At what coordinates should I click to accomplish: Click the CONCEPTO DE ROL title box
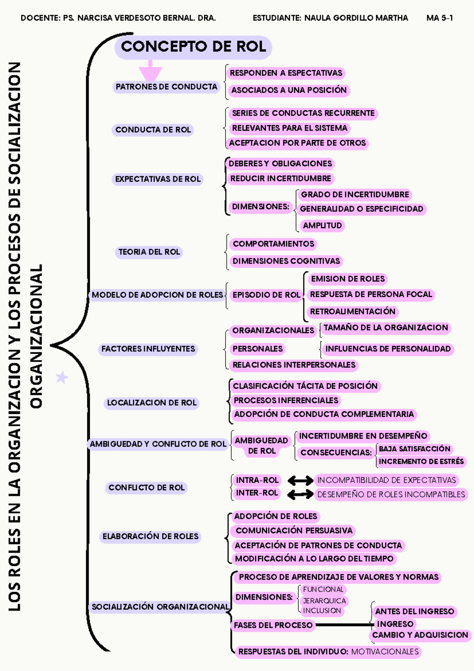tap(193, 47)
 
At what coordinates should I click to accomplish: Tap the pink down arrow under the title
tap(150, 71)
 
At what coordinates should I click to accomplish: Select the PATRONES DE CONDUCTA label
tap(166, 87)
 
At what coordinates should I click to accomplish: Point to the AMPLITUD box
tap(322, 225)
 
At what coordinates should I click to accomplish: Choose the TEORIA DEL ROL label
tap(149, 252)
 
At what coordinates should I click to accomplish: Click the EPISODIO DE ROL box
tap(266, 295)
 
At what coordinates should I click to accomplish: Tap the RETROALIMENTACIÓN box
tap(352, 311)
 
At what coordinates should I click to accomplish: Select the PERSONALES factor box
tap(258, 349)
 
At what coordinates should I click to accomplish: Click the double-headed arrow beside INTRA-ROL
tap(300, 481)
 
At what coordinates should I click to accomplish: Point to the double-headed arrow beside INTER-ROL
tap(300, 494)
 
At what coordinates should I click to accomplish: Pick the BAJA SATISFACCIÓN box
tap(414, 449)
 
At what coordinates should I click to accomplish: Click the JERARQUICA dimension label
tap(324, 601)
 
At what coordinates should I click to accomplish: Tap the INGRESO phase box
tap(395, 624)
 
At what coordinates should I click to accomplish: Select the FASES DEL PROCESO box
tap(273, 625)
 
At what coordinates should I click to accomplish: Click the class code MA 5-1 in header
tap(440, 18)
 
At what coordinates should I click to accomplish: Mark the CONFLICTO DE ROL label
tap(147, 488)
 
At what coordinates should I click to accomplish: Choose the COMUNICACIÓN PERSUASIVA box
tap(294, 530)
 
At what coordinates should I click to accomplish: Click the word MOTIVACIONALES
tap(385, 652)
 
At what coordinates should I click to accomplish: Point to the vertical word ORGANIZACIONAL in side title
tap(36, 336)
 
